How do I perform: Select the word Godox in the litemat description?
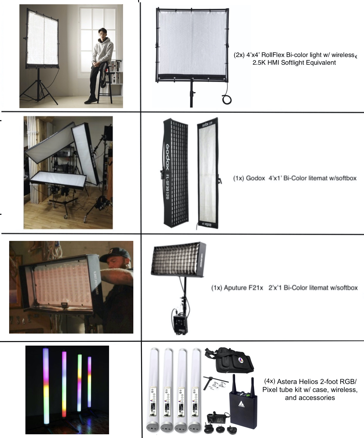[255, 178]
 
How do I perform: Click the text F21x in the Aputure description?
[255, 288]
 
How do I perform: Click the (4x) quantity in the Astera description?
[270, 381]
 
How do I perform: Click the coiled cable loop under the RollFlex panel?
[227, 100]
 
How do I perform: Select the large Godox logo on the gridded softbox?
[168, 157]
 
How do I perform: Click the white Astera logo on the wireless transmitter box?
[241, 404]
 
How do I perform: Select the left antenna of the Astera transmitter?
[234, 383]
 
